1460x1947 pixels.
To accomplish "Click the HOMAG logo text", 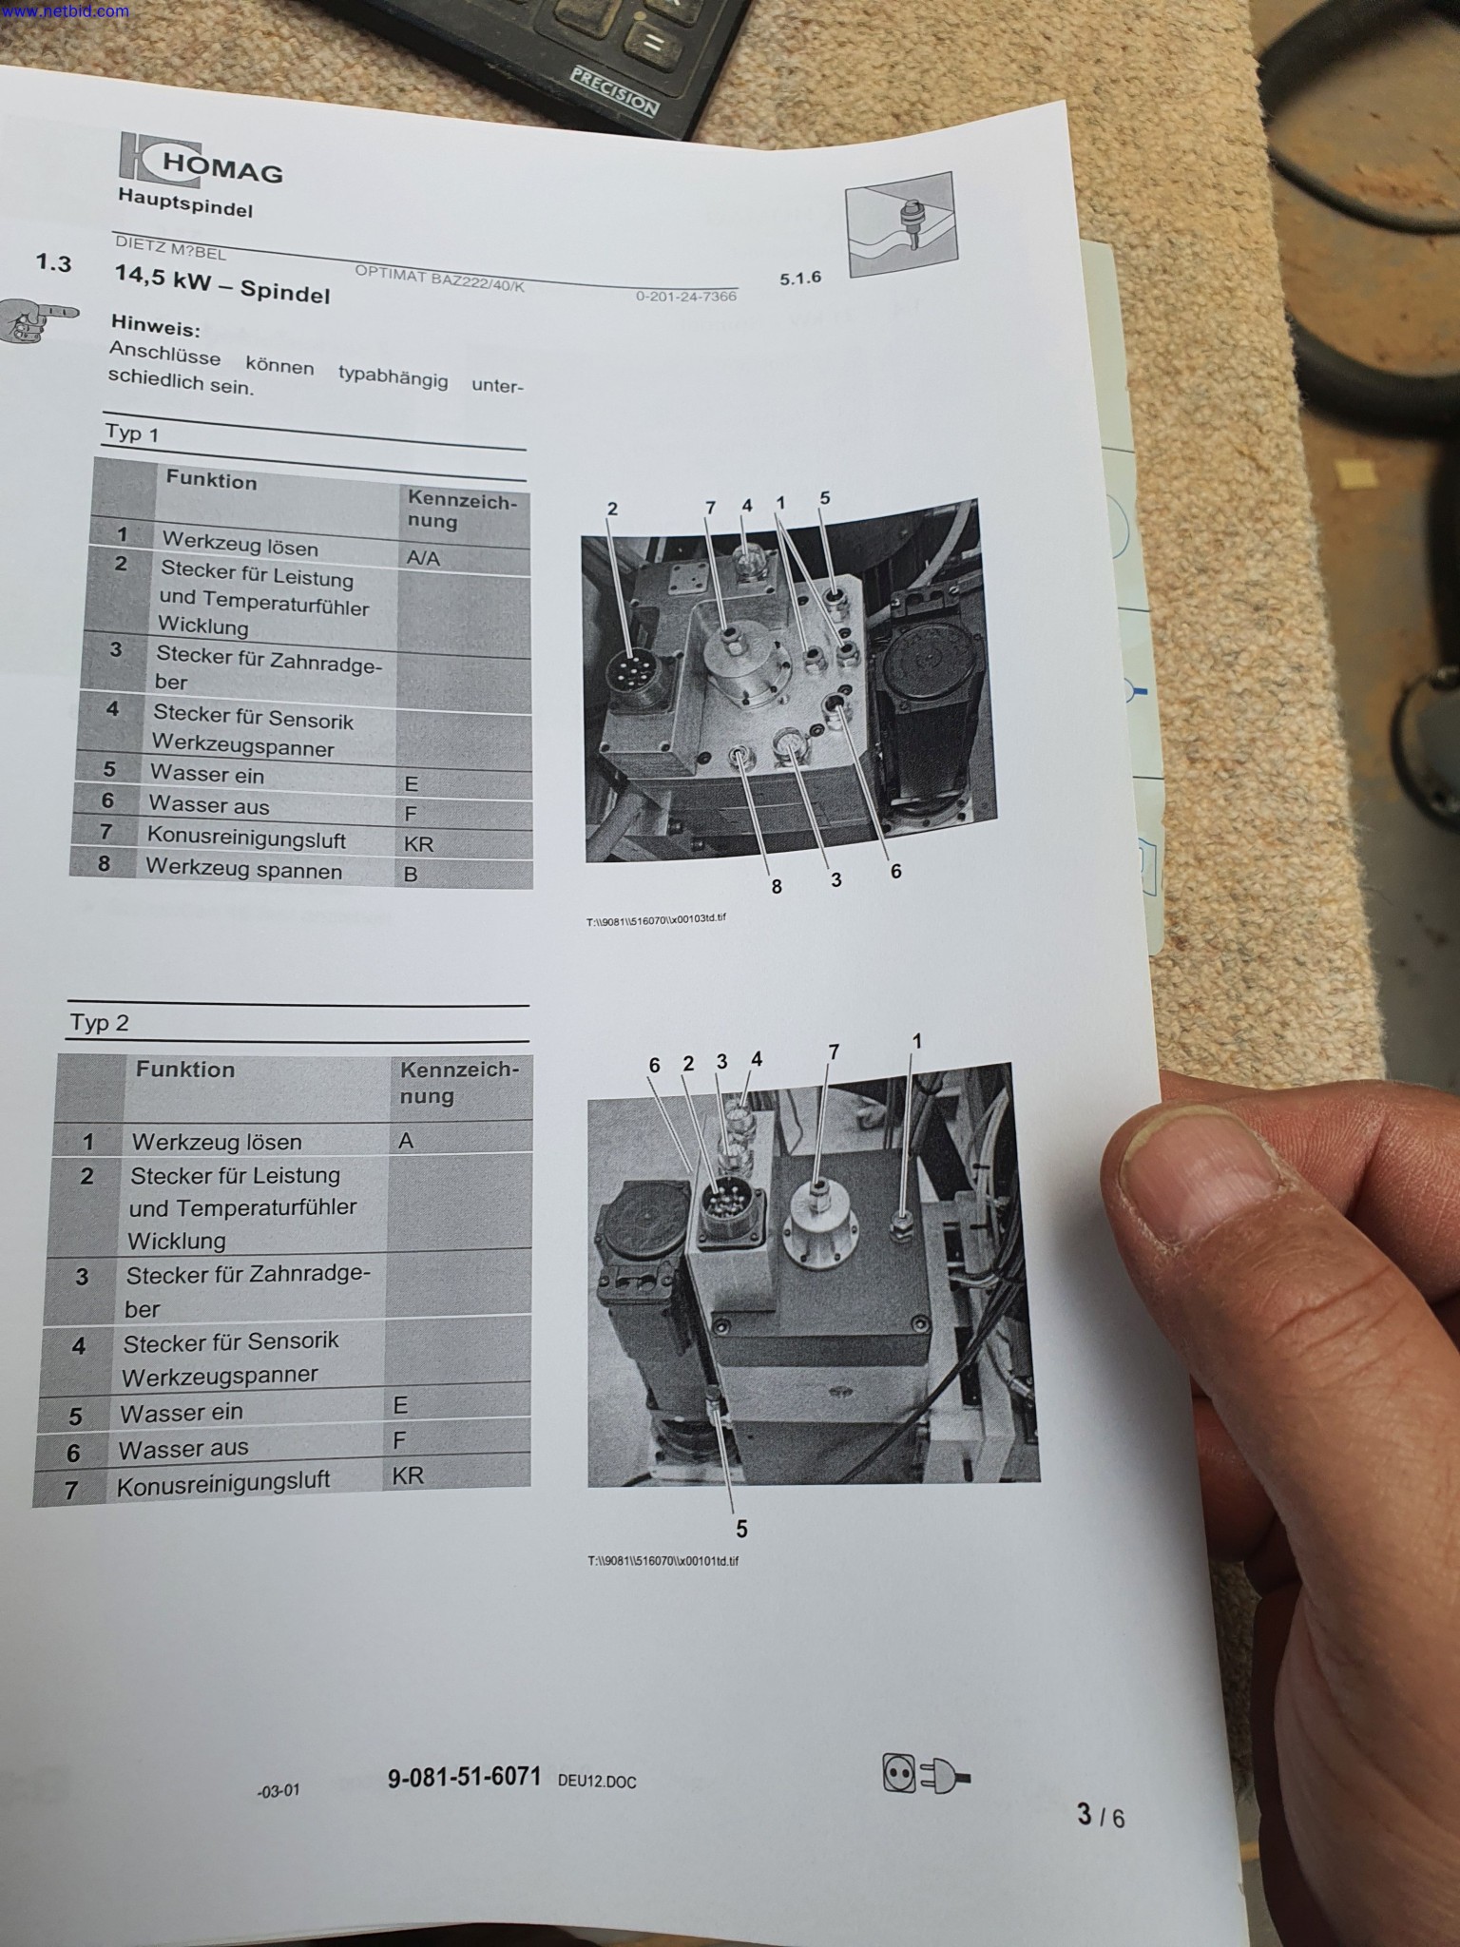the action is point(222,168).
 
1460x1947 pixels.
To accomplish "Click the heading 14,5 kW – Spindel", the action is point(222,283).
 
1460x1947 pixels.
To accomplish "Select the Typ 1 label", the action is point(131,433).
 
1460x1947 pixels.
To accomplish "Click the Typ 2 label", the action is point(99,1023).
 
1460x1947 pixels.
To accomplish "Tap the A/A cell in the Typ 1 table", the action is point(423,558).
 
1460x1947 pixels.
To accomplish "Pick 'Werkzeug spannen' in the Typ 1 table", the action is point(243,869).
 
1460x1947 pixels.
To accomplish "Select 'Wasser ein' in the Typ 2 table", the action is point(181,1413).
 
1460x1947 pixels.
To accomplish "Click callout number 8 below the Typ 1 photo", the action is point(777,886).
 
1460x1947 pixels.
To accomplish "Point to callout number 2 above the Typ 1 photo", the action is point(612,509).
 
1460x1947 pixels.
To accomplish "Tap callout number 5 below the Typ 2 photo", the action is point(741,1529).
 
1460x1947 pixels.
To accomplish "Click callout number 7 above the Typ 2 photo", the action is point(834,1051).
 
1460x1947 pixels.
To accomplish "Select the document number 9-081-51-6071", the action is point(464,1776).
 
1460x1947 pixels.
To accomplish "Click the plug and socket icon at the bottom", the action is point(926,1773).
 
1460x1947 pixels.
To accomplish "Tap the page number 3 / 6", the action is point(1101,1816).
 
